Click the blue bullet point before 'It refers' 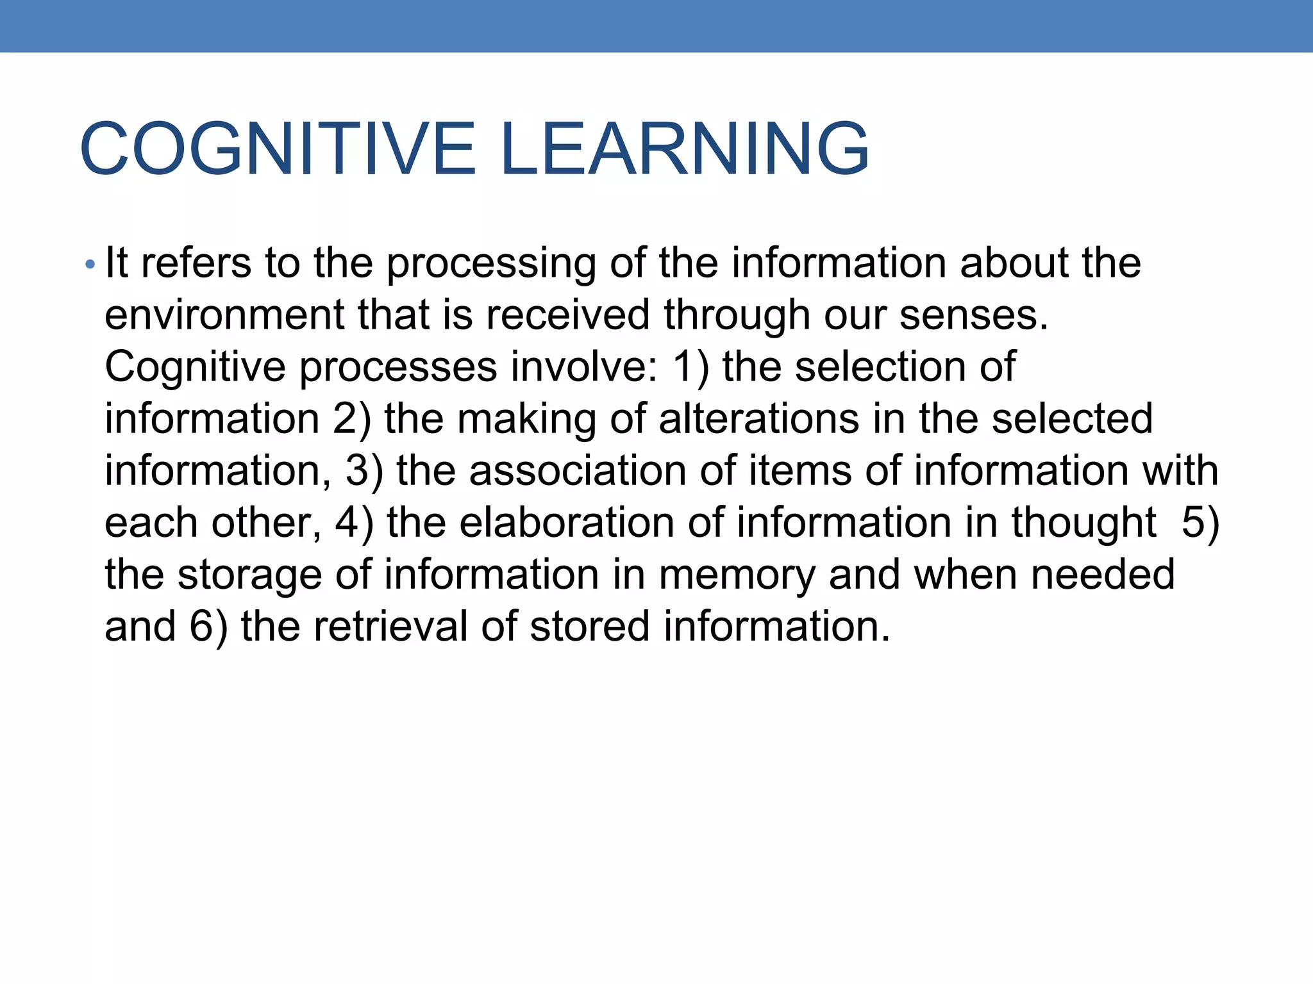coord(90,264)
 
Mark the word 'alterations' coord(758,419)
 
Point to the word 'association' coord(577,471)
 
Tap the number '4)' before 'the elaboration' coord(354,523)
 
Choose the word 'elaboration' coord(567,523)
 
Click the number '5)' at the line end coord(1200,523)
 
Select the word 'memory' coord(737,575)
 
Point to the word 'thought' coord(1083,523)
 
